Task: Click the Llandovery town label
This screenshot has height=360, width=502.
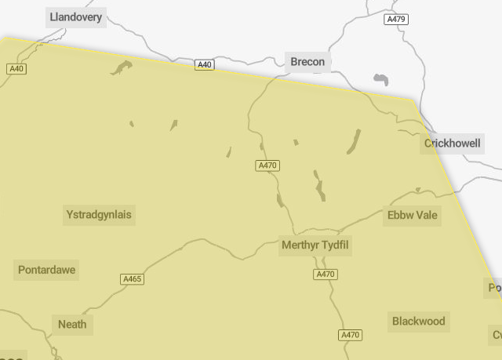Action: (76, 16)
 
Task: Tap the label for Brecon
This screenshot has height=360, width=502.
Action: (307, 62)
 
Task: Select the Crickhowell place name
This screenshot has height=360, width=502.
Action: (453, 144)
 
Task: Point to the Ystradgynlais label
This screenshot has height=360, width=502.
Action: (100, 214)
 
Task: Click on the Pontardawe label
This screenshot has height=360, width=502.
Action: (47, 271)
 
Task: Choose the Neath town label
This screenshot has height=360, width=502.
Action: (72, 324)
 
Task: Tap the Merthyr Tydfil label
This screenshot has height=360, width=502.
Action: (315, 246)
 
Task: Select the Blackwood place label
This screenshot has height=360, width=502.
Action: (419, 321)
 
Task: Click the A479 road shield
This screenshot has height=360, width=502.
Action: (396, 19)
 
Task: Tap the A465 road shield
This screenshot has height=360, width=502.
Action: (133, 279)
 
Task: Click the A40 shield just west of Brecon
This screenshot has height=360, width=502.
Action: (204, 65)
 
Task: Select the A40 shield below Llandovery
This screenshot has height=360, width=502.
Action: (16, 69)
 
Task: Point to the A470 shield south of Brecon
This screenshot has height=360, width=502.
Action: (267, 165)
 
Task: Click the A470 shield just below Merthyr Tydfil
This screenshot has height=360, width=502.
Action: (325, 275)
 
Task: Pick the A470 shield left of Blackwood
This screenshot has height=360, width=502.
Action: (350, 335)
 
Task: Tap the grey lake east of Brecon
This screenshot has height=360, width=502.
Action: (382, 79)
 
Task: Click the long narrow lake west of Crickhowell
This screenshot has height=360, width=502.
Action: (354, 141)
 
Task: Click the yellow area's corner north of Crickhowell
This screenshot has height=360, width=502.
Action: (413, 100)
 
